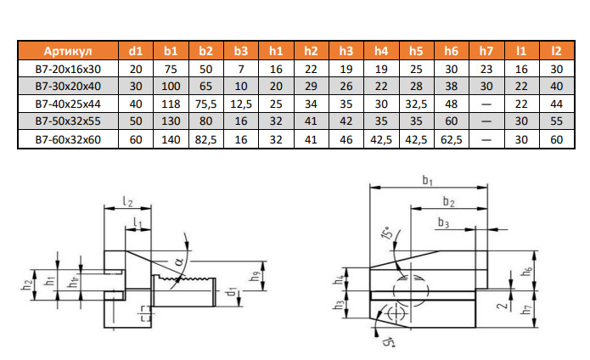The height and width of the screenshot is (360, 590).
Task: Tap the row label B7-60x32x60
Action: [x=68, y=139]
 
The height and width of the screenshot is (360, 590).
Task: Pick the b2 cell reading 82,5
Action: [x=205, y=139]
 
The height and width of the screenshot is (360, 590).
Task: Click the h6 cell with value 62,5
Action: [x=451, y=139]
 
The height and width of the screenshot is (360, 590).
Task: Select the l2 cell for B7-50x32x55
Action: [x=556, y=122]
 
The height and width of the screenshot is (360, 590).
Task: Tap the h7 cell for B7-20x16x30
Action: [x=486, y=70]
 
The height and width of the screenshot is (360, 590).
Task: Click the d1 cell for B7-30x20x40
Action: [x=136, y=87]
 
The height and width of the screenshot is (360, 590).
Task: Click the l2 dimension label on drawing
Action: [x=126, y=201]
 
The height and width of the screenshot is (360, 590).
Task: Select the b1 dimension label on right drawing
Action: [x=428, y=181]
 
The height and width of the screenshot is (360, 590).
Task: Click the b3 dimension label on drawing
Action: [x=443, y=222]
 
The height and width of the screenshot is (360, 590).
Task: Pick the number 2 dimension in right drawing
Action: [x=503, y=303]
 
